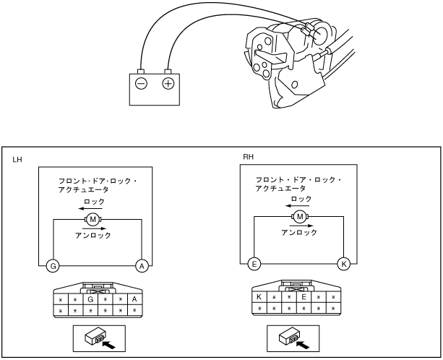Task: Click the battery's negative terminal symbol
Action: [141, 84]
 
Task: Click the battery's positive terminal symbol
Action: [168, 84]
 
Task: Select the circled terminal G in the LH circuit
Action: [52, 267]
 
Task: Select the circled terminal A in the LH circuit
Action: [142, 267]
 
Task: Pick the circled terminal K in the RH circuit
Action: [343, 264]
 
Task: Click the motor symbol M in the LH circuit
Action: [93, 219]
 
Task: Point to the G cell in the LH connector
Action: [90, 299]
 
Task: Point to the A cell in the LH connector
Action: [135, 299]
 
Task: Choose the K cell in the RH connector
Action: [258, 296]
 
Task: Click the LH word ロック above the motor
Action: [95, 202]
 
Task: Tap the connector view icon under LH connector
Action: [98, 337]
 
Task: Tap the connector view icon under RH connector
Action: [298, 337]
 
